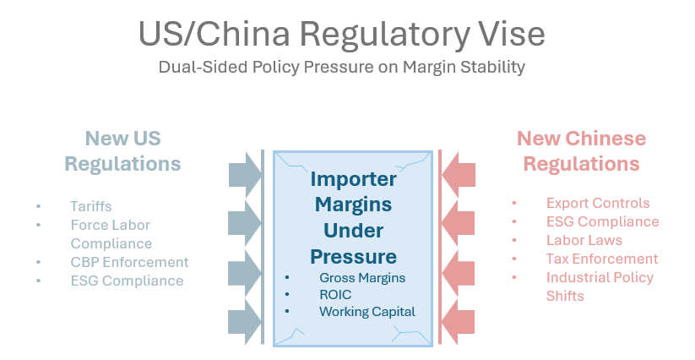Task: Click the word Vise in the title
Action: coord(508,35)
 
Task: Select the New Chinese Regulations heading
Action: coord(581,150)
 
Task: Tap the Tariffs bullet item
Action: coord(91,206)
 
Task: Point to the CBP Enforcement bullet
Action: coord(129,262)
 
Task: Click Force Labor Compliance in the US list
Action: coord(110,234)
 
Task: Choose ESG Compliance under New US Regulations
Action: coord(127,281)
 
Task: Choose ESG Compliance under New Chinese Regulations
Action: coord(602,221)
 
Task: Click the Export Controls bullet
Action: coord(598,203)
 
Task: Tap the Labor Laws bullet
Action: coord(584,240)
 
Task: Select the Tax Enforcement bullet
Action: coord(601,259)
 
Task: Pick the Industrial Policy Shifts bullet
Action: coord(600,286)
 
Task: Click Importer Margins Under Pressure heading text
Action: coord(353,217)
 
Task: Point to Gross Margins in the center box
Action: coord(362,278)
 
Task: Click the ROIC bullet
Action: coord(335,295)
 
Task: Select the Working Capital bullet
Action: coord(367,312)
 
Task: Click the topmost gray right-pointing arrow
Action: coord(245,174)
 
